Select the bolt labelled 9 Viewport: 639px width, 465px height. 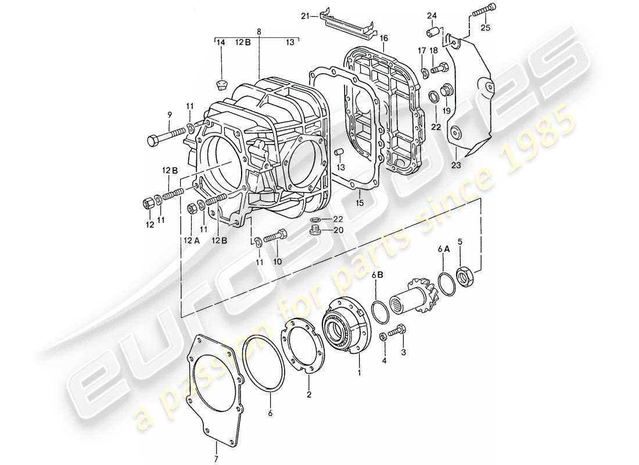[166, 137]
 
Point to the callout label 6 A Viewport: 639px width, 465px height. [444, 249]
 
